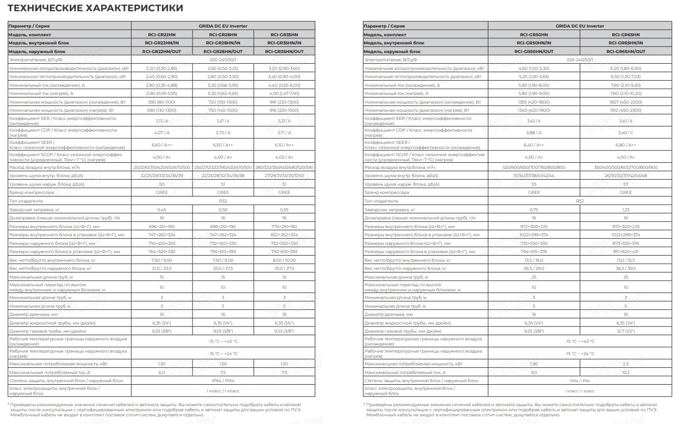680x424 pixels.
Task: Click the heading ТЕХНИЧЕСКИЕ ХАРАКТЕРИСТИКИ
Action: click(x=96, y=8)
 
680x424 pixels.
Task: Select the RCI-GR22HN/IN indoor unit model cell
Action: click(x=162, y=43)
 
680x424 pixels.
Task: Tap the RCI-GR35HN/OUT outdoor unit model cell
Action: click(x=284, y=52)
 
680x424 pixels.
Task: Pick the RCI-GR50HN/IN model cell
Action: click(x=534, y=43)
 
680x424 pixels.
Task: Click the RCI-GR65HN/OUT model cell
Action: click(x=625, y=52)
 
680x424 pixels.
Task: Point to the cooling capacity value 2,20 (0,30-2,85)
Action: click(x=162, y=68)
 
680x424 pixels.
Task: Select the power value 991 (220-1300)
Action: click(x=284, y=102)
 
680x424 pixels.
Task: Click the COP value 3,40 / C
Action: click(x=625, y=133)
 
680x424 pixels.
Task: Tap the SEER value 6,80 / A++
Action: click(x=625, y=145)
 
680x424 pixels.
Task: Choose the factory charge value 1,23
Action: click(x=625, y=210)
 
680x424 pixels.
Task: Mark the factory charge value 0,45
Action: click(x=162, y=210)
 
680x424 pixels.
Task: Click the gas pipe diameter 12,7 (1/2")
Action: click(x=625, y=331)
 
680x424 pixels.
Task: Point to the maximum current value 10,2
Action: click(x=625, y=372)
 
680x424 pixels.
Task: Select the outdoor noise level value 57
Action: click(x=625, y=184)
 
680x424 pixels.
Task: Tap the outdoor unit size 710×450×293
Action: click(x=162, y=243)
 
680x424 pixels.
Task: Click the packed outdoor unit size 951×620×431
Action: click(x=625, y=252)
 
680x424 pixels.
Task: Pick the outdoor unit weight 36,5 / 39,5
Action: click(x=625, y=268)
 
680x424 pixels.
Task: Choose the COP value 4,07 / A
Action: click(x=162, y=133)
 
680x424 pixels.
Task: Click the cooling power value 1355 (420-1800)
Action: click(x=534, y=102)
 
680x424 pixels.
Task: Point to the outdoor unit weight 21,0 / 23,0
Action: click(x=162, y=268)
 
